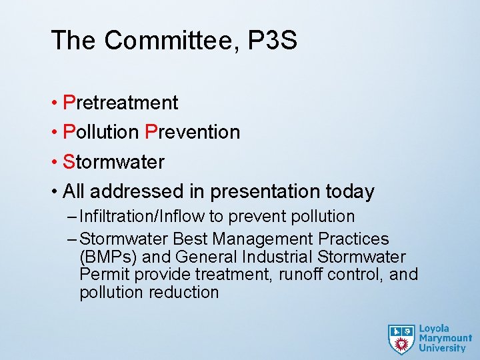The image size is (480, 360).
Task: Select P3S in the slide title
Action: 272,41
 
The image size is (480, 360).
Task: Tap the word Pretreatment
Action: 121,103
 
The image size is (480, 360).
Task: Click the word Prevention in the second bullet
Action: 192,132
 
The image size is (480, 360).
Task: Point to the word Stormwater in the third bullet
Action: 113,162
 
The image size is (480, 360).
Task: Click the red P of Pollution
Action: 69,132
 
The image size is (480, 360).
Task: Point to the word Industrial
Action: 279,257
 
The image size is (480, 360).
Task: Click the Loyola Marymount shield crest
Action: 401,339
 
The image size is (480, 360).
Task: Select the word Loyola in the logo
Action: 434,329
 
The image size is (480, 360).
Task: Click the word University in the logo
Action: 442,348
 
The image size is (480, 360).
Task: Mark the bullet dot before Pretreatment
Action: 54,103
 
